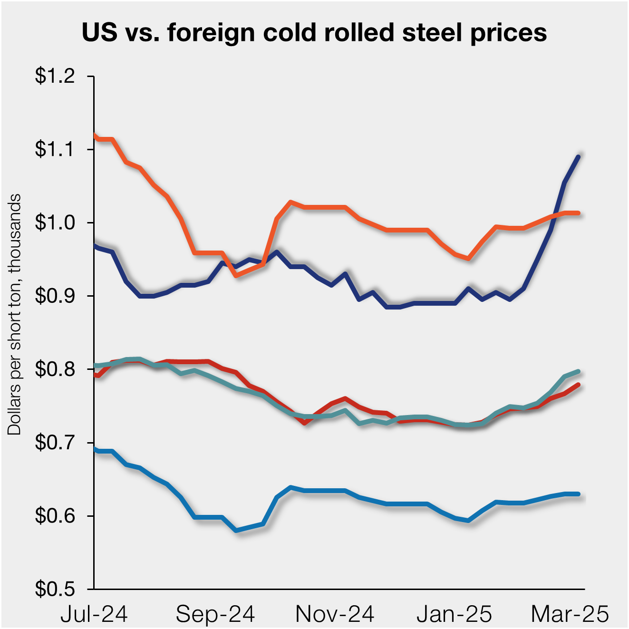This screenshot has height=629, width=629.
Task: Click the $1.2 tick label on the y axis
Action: (x=55, y=76)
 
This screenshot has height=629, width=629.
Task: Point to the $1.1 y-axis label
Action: (x=55, y=149)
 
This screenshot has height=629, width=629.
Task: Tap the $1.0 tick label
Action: (x=55, y=223)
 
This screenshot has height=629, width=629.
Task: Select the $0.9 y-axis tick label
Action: (x=55, y=296)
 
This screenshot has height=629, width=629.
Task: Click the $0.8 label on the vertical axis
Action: (x=55, y=369)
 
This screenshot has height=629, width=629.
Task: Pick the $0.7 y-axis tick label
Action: (x=55, y=443)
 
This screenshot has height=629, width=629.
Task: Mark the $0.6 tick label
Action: (x=55, y=516)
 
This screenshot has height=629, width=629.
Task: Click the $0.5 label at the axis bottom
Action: (x=55, y=590)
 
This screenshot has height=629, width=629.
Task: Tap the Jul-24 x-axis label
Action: (x=94, y=614)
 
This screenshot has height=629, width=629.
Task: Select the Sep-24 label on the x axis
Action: (x=215, y=614)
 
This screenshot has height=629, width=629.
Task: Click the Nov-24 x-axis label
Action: (x=335, y=614)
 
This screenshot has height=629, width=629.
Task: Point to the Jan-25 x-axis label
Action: (x=454, y=614)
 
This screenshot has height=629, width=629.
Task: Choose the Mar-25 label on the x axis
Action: (x=570, y=614)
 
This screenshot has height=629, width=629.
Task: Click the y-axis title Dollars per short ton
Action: (x=14, y=314)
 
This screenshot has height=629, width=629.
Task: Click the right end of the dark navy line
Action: (x=578, y=156)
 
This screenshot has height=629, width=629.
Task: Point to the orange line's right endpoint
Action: (x=578, y=213)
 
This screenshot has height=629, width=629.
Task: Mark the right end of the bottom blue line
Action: (x=578, y=494)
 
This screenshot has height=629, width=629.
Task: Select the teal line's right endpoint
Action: (x=578, y=371)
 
